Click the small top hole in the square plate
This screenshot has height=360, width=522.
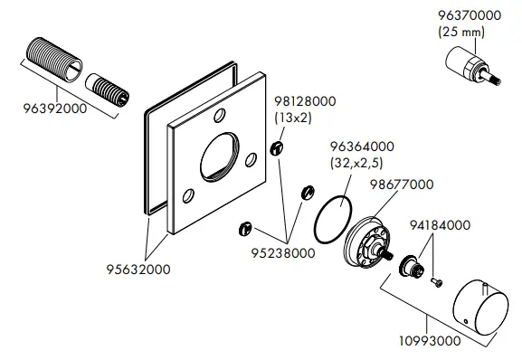219,116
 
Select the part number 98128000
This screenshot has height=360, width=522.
304,102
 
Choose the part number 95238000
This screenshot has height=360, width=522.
286,253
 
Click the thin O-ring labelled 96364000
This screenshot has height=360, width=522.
332,218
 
